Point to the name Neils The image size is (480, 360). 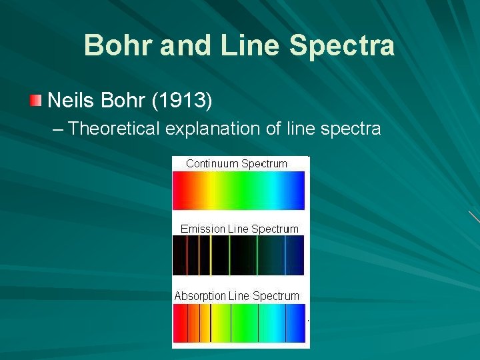[x=73, y=101]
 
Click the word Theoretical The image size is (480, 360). [x=114, y=128]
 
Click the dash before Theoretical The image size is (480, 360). [x=58, y=128]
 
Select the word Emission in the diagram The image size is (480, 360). [x=203, y=229]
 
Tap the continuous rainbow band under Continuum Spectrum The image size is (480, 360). [x=238, y=191]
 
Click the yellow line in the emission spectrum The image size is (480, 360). [x=211, y=256]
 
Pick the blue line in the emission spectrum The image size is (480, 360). [x=285, y=256]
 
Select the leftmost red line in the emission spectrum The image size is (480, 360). [x=187, y=256]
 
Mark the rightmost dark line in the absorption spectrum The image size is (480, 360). [x=286, y=323]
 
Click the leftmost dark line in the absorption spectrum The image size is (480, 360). [x=188, y=323]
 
